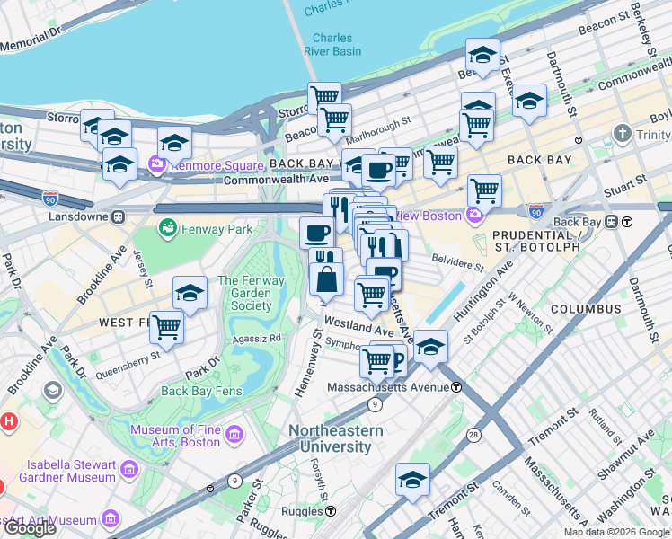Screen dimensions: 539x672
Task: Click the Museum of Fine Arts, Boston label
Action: pos(175,436)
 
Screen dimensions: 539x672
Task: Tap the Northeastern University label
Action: pos(335,438)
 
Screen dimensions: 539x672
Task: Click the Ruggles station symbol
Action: pos(331,511)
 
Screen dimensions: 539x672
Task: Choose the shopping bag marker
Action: pos(326,279)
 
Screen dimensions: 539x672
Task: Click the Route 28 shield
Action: pos(472,435)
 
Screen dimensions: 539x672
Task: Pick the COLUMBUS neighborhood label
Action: pos(586,309)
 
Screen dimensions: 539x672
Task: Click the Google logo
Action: pos(30,528)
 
